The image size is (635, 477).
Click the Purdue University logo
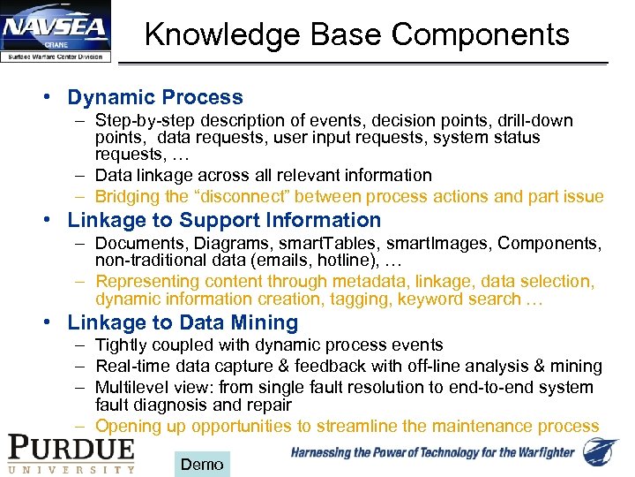pyautogui.click(x=71, y=452)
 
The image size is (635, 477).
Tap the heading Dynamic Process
pyautogui.click(x=155, y=97)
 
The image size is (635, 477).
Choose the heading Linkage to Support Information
pyautogui.click(x=224, y=220)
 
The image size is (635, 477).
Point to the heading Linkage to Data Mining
pyautogui.click(x=183, y=322)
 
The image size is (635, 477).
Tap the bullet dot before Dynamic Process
pyautogui.click(x=55, y=97)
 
